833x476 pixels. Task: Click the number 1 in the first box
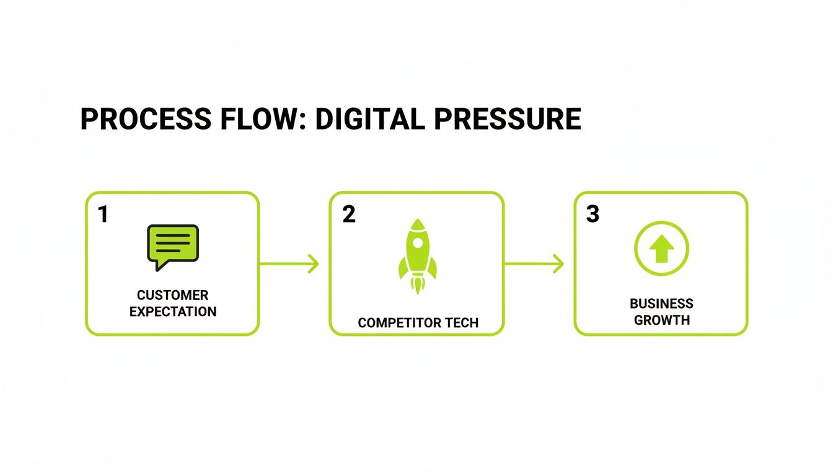(x=103, y=214)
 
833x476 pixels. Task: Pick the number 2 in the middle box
(x=349, y=214)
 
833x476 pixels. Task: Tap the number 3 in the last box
(x=593, y=214)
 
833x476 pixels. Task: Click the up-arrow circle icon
(x=661, y=248)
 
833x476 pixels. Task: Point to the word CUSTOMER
(x=172, y=295)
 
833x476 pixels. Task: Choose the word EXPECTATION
(x=172, y=311)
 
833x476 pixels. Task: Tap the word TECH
(x=459, y=323)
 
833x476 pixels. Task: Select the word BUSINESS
(x=661, y=304)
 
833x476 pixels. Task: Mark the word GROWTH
(x=661, y=320)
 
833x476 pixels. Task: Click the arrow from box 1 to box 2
(x=289, y=264)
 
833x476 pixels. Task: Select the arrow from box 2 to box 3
(x=534, y=264)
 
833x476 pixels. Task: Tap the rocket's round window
(x=417, y=242)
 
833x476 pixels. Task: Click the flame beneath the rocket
(x=417, y=286)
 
